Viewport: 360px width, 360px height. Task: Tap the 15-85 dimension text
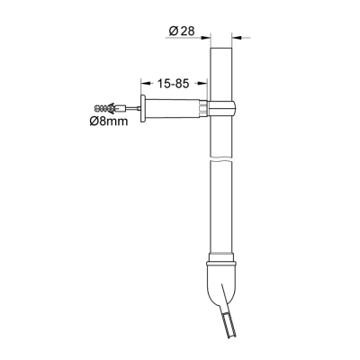pos(174,84)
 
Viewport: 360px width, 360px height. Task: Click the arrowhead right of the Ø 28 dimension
pos(238,37)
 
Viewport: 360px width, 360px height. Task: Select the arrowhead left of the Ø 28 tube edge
pos(205,37)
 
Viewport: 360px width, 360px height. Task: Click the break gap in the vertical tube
pos(221,158)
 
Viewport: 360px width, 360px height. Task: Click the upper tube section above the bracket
pos(221,72)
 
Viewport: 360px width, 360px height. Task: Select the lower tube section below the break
pos(221,207)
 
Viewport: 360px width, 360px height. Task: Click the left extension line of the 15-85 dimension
pos(141,85)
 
